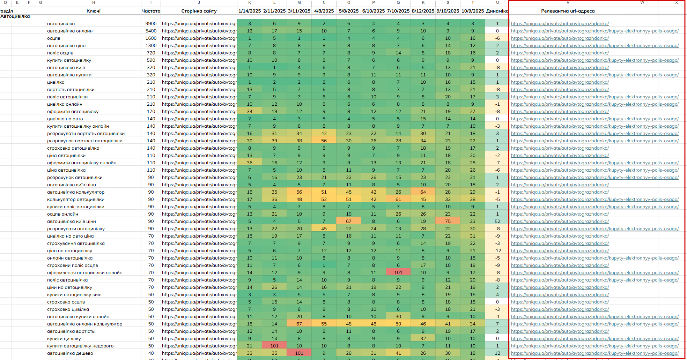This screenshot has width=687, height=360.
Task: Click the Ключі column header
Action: click(94, 11)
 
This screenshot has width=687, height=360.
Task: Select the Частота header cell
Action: click(151, 11)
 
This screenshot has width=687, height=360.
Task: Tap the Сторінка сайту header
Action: click(199, 11)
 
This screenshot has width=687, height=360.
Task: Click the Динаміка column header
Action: click(497, 11)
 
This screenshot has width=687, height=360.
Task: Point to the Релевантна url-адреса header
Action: click(568, 11)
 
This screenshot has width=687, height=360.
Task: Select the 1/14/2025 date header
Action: click(250, 11)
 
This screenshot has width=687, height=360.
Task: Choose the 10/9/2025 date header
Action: click(473, 11)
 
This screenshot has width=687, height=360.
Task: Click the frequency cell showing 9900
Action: click(151, 24)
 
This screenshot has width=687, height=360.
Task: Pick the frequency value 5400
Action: click(151, 31)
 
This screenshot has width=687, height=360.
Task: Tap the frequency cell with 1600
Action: click(151, 38)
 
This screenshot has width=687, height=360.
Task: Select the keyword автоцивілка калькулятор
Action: click(76, 192)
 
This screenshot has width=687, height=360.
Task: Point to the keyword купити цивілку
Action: click(64, 339)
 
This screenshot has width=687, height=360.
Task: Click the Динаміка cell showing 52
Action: click(497, 222)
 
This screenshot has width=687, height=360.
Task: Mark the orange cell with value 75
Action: click(448, 222)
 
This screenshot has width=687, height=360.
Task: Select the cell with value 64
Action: click(423, 192)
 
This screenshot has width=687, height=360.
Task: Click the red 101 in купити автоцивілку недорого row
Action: click(274, 346)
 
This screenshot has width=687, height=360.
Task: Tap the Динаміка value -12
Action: click(497, 251)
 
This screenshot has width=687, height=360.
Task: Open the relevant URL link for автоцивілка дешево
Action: click(595, 353)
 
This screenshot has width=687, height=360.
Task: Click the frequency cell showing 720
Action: click(151, 53)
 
